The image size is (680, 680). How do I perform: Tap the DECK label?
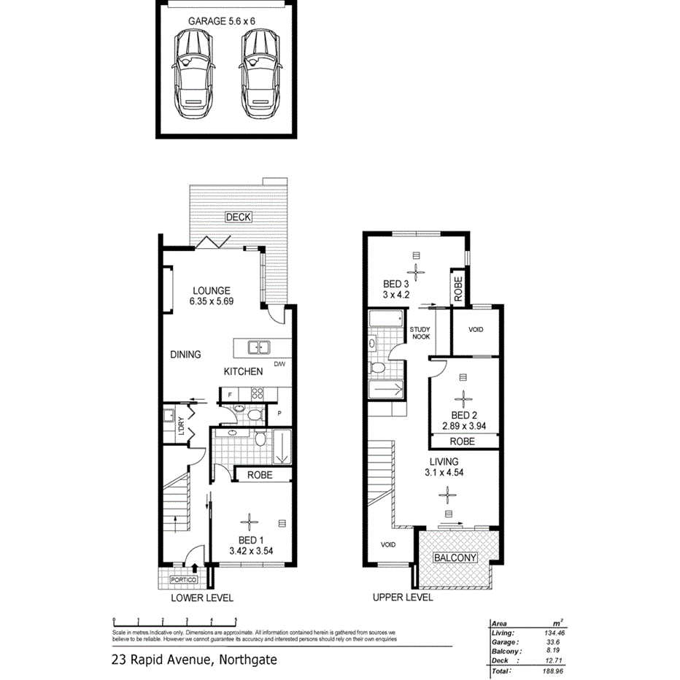[238, 217]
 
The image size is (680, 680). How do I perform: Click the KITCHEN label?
[243, 371]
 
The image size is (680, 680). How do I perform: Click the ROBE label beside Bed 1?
[260, 474]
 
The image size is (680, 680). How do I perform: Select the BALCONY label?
[455, 558]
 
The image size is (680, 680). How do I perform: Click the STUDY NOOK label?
[420, 333]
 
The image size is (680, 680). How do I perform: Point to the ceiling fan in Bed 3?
[416, 272]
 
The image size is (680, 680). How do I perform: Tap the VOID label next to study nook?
[476, 330]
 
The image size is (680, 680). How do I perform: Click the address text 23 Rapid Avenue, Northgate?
[194, 660]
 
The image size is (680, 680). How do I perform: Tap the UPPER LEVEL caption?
[402, 598]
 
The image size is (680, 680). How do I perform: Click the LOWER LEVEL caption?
[202, 598]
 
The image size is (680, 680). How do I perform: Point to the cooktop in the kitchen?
[257, 395]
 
